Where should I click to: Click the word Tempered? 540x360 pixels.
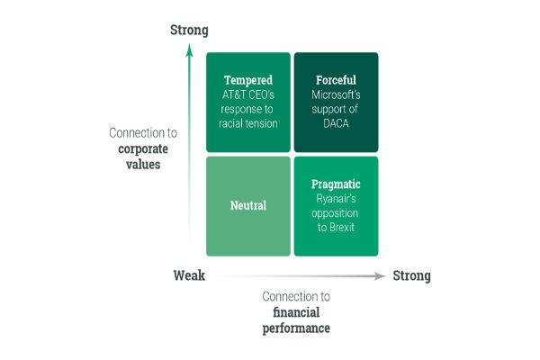(248, 80)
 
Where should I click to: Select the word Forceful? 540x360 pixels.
(336, 80)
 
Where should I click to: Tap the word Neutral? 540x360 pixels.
(248, 206)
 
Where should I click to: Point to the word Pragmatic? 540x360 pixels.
(336, 184)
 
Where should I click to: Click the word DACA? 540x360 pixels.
(336, 123)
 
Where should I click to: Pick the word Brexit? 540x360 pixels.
(342, 228)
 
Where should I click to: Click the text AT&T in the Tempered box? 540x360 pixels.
(233, 94)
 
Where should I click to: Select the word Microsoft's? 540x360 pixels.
(336, 94)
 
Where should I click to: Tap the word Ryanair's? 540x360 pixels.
(336, 199)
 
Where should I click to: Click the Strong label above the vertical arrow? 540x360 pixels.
(189, 30)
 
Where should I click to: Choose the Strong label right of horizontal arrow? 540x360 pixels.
(411, 276)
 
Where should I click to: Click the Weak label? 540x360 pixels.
(189, 275)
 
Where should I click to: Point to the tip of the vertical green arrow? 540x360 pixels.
(189, 44)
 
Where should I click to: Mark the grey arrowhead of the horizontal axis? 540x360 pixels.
(380, 276)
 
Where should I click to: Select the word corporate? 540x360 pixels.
(143, 149)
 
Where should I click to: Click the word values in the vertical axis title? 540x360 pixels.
(143, 165)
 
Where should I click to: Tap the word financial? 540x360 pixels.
(296, 312)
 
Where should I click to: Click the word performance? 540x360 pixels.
(296, 328)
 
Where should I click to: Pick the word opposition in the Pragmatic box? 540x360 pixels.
(335, 213)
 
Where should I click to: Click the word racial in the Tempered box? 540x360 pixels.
(229, 123)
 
